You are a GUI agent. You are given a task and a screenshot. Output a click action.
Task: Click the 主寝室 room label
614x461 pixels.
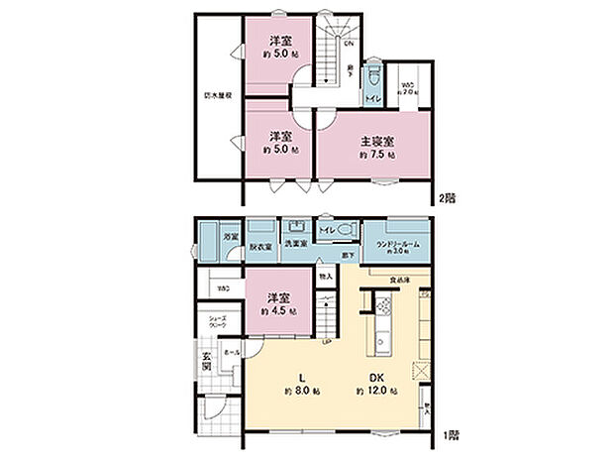[377, 140]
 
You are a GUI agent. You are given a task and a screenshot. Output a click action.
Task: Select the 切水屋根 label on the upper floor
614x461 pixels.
[211, 96]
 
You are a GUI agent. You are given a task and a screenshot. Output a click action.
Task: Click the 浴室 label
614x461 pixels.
[229, 237]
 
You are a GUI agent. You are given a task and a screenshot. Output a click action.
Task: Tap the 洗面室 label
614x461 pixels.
[296, 243]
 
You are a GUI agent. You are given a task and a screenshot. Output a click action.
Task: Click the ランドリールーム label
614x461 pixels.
[396, 243]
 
